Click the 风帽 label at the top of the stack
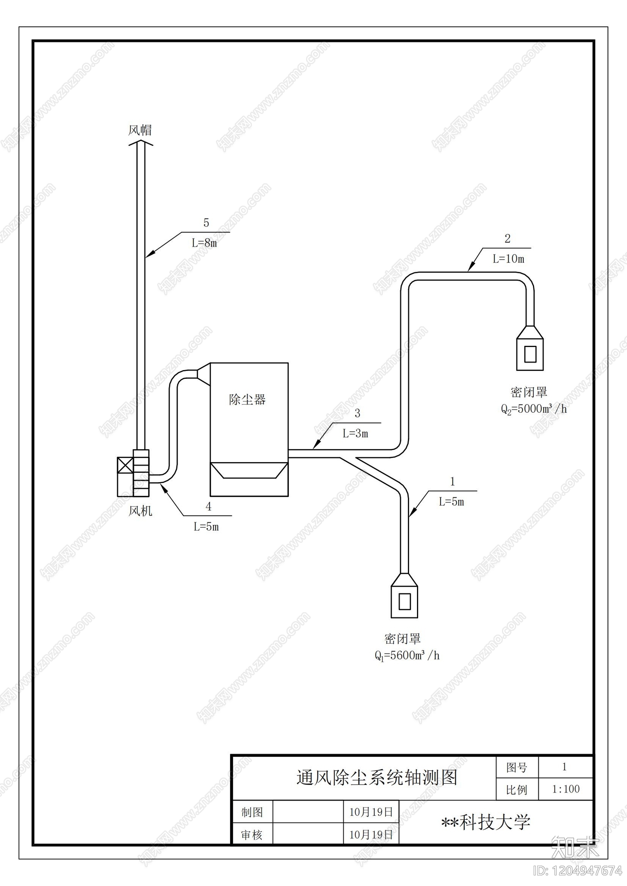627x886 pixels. coord(140,130)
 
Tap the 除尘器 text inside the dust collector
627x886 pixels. coord(247,400)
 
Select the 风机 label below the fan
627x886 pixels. coord(140,511)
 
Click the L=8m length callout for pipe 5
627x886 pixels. coord(204,243)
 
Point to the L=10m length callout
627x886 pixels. coord(508,259)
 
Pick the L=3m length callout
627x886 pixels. coord(355,434)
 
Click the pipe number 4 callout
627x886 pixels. coord(208,506)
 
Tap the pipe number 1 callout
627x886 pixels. coord(453,481)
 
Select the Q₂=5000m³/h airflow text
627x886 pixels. coord(534,409)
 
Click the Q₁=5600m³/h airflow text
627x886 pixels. coord(407,656)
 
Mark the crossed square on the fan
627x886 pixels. coord(125,465)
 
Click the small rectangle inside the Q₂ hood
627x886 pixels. coord(530,354)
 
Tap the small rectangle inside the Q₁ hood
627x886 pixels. coord(404,601)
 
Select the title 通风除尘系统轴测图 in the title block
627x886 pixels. coord(377,777)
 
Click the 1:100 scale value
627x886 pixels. coord(566,789)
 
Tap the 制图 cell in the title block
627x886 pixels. coord(252,812)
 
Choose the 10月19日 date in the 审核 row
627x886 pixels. coord(371,835)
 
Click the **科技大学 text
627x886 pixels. coord(486,822)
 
